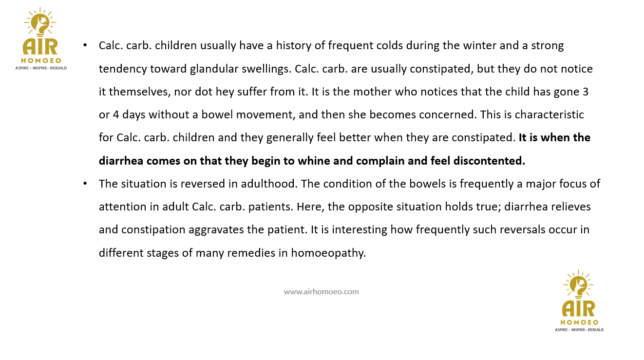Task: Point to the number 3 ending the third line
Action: click(x=585, y=92)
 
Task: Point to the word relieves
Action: click(x=568, y=207)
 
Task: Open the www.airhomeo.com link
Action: click(x=321, y=292)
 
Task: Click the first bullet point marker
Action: click(x=85, y=45)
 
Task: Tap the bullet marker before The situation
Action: click(x=85, y=184)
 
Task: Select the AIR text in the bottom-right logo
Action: click(x=578, y=309)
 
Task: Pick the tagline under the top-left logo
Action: click(x=41, y=68)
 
